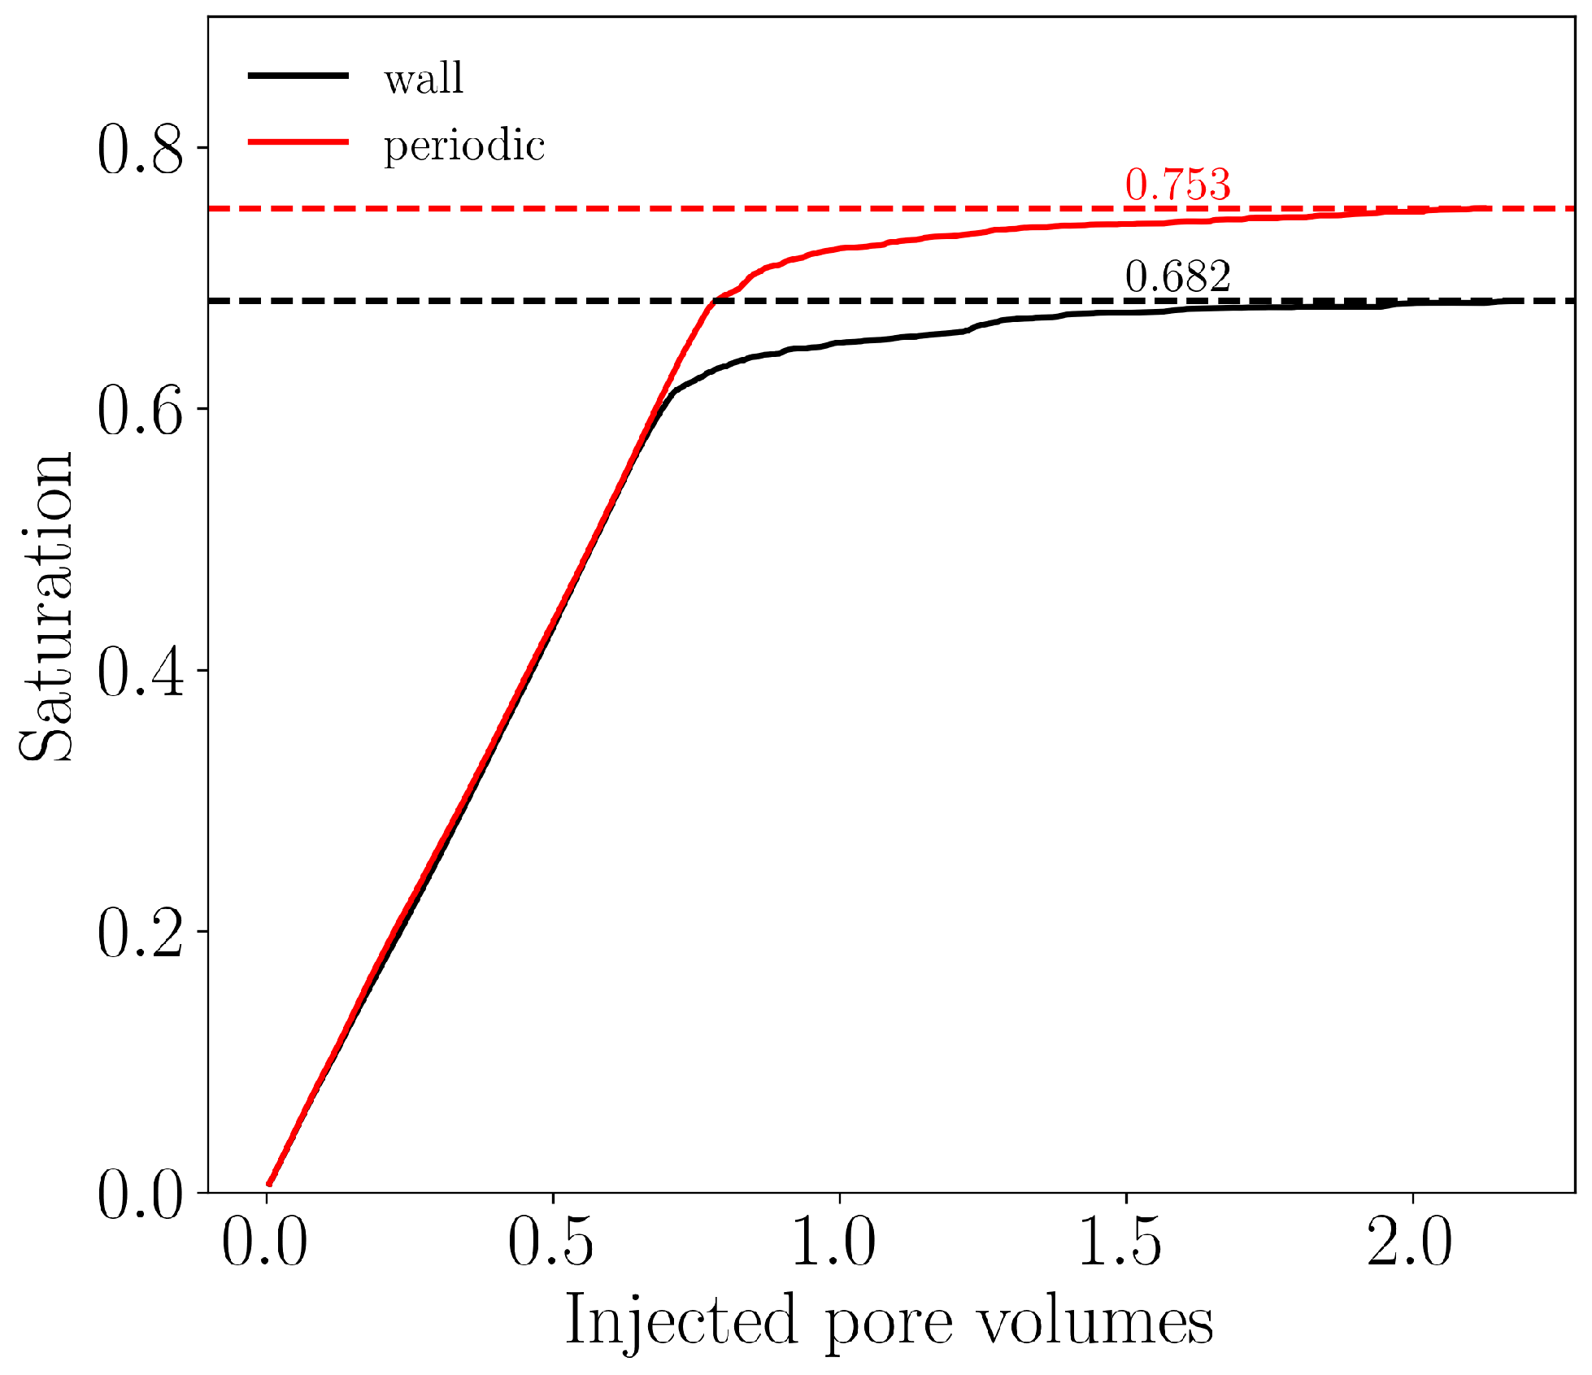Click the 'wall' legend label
(x=424, y=79)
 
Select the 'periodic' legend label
(x=463, y=146)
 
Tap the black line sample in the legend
(x=298, y=76)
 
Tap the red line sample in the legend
(x=298, y=142)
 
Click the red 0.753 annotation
(x=1177, y=185)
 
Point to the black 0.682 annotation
(x=1177, y=276)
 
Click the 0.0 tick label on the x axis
(x=265, y=1243)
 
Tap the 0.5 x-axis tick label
(x=551, y=1243)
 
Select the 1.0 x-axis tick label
(x=837, y=1243)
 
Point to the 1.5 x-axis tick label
(x=1124, y=1243)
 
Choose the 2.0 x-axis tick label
(x=1410, y=1243)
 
